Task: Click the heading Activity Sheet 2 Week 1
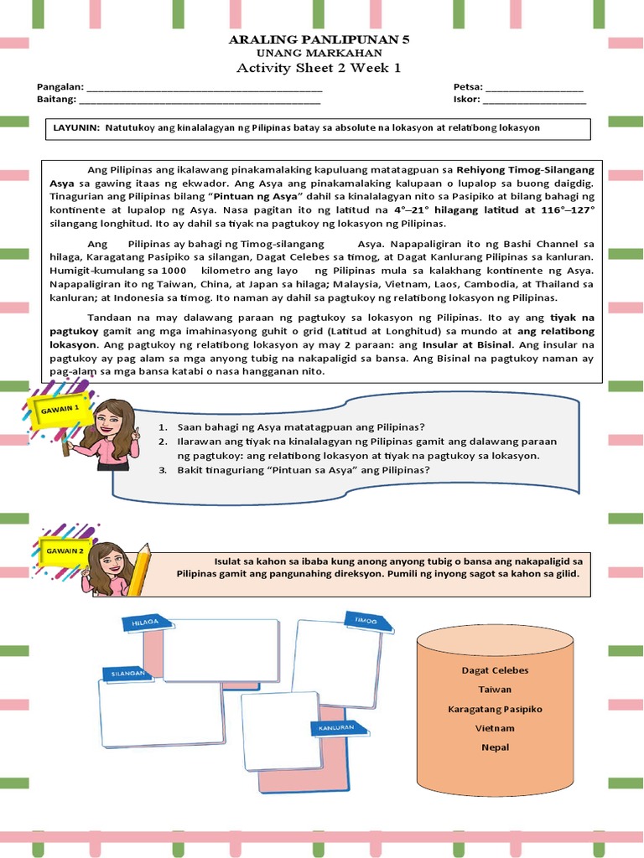319,68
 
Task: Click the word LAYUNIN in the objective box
75,128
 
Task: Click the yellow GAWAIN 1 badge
54,410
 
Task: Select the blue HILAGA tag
146,623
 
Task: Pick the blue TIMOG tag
366,621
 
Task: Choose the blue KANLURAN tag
336,728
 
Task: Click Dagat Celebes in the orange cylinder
495,670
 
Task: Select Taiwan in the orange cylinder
495,690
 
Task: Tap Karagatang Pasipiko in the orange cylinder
495,709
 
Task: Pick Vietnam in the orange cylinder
495,728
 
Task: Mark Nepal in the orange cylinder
495,747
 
